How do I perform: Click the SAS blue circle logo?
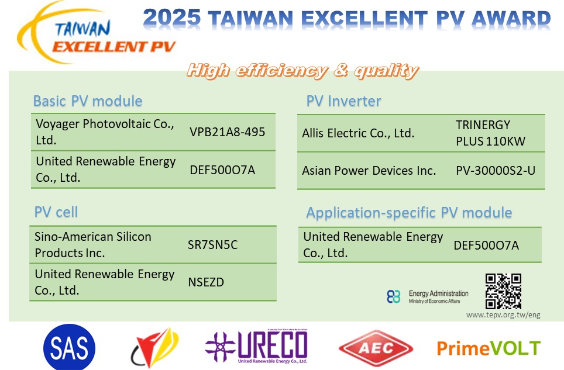point(69,347)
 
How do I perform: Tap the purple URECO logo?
point(256,347)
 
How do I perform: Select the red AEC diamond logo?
point(376,348)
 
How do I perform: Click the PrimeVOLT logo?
point(489,348)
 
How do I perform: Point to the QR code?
point(503,291)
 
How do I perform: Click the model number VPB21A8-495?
point(228,132)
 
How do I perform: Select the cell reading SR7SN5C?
point(212,245)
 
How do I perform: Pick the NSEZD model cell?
point(206,282)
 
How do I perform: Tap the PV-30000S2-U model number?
point(496,170)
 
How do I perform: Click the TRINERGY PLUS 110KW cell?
point(491,133)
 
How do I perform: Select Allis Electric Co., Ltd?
point(358,133)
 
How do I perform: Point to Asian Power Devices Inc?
point(369,170)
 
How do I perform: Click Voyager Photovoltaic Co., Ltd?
point(105,132)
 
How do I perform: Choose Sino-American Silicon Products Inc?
point(93,245)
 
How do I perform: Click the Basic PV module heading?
point(88,101)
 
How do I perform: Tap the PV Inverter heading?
point(343,101)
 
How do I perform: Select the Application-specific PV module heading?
point(409,213)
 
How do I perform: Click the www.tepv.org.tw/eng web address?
point(503,315)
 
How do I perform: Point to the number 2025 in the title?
point(172,18)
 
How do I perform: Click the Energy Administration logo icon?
point(394,297)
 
